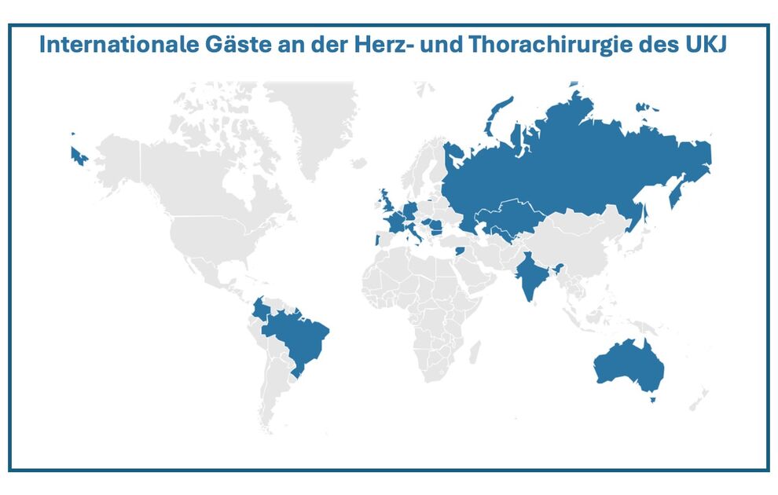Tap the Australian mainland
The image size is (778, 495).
click(629, 365)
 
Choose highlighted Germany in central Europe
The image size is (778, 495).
click(409, 211)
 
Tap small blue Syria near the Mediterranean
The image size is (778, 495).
click(461, 251)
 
